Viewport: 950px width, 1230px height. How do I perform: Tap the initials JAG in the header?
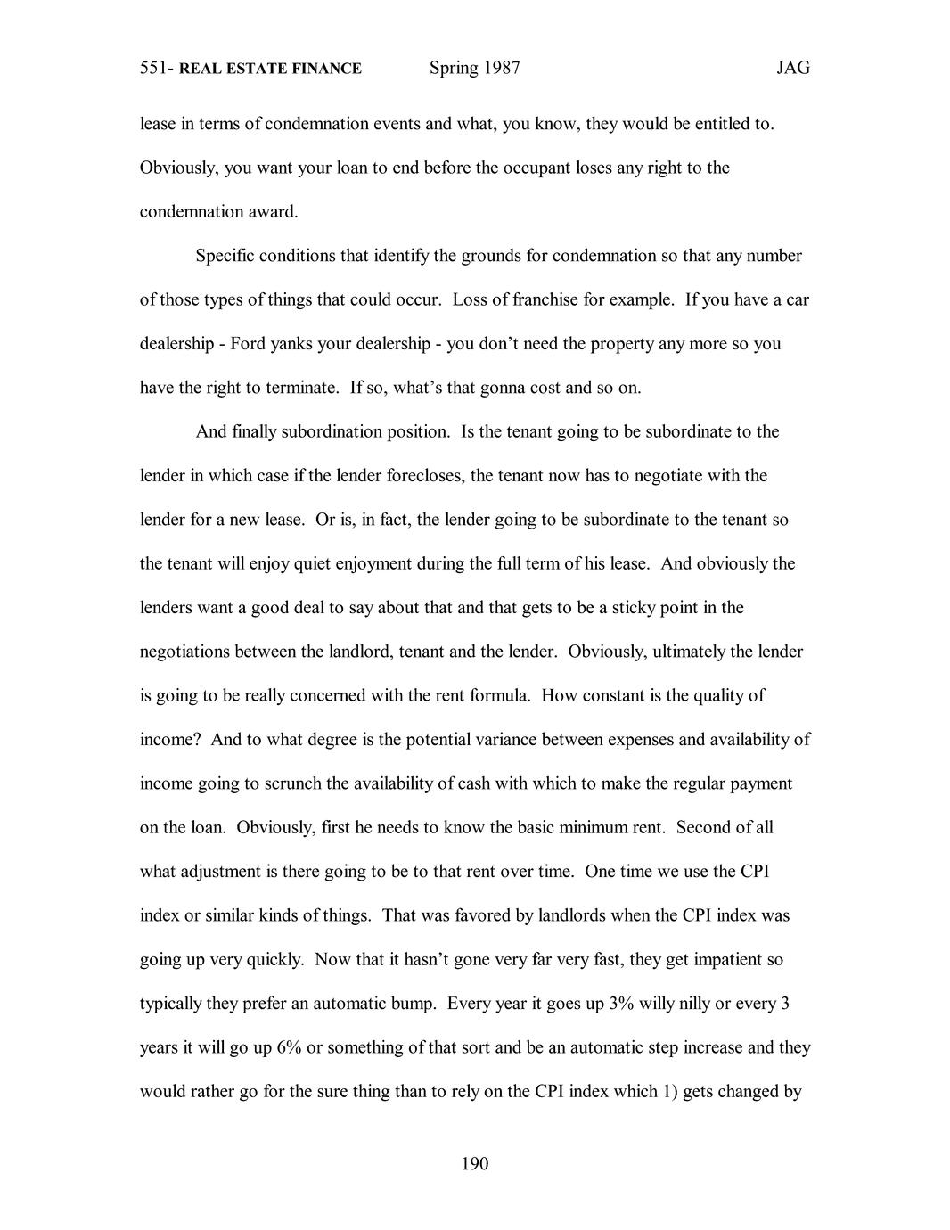(792, 69)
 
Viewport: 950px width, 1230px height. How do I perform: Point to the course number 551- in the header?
(158, 69)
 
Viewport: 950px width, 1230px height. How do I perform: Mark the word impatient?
(724, 960)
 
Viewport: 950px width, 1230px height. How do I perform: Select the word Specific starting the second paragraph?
(225, 256)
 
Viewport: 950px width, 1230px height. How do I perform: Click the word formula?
(497, 696)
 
